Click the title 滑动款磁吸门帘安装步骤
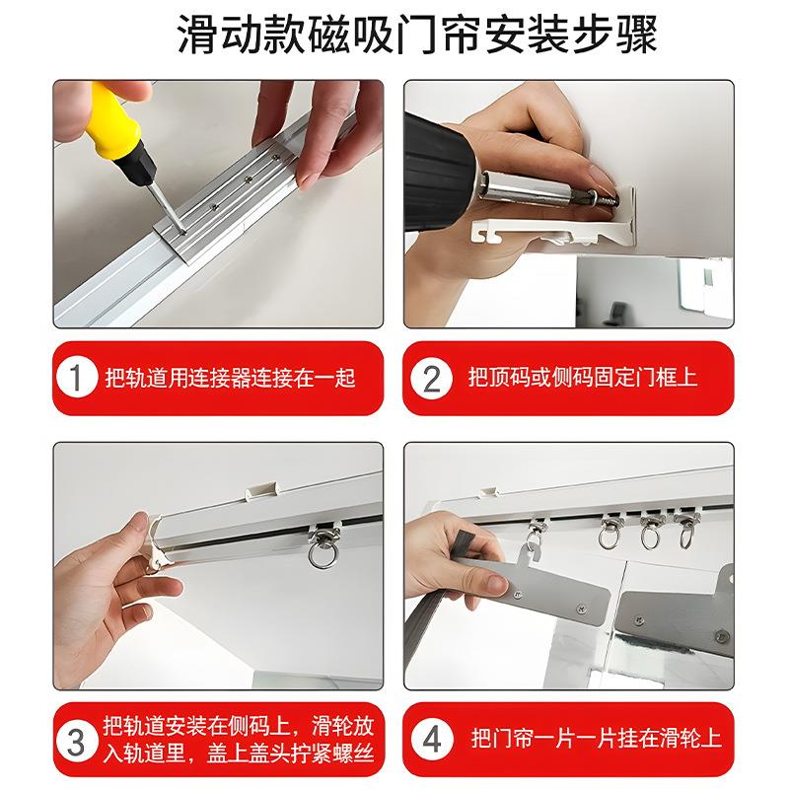click(x=394, y=36)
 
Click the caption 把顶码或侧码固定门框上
click(x=582, y=379)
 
